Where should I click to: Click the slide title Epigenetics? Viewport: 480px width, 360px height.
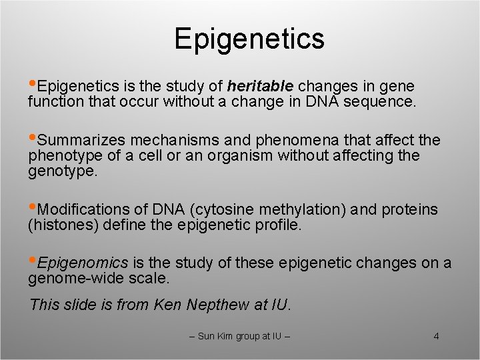tap(249, 39)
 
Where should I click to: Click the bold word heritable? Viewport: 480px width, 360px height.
tap(260, 87)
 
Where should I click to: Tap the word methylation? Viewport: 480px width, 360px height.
tap(302, 210)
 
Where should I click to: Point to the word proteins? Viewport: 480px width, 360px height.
tap(409, 210)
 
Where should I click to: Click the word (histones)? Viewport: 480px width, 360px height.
tap(63, 225)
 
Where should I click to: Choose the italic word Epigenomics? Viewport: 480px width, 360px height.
tap(83, 263)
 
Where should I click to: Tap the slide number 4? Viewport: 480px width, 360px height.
tap(436, 336)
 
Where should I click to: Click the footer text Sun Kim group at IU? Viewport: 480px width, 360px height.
tap(240, 336)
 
